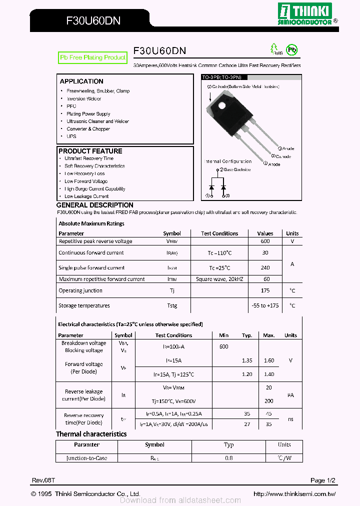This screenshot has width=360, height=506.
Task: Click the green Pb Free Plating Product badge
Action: (x=93, y=58)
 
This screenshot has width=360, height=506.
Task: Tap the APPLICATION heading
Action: (x=81, y=81)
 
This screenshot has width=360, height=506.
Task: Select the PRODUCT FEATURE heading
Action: (x=90, y=151)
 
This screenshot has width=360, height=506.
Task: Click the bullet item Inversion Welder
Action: (x=84, y=98)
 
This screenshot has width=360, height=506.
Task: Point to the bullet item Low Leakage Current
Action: (x=86, y=196)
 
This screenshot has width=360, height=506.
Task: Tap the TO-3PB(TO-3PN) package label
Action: (x=222, y=77)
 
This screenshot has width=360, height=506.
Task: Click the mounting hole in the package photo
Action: (x=220, y=105)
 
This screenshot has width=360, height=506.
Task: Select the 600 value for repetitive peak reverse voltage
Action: (x=265, y=241)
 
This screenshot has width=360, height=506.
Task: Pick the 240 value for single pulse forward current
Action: (x=265, y=268)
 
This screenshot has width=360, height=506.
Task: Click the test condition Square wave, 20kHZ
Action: (x=219, y=279)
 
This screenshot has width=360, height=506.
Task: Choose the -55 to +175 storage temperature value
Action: (x=265, y=305)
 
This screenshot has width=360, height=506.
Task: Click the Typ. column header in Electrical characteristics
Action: (x=247, y=335)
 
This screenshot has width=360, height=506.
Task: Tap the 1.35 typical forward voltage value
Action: (x=247, y=360)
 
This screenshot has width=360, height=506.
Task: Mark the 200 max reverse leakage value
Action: (x=269, y=401)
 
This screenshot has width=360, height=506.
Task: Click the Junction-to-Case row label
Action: (x=87, y=458)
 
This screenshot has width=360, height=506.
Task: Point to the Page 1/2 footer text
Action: (x=322, y=480)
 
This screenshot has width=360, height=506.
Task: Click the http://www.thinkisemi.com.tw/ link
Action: (x=294, y=494)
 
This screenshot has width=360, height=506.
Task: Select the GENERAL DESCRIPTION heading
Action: (x=95, y=205)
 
